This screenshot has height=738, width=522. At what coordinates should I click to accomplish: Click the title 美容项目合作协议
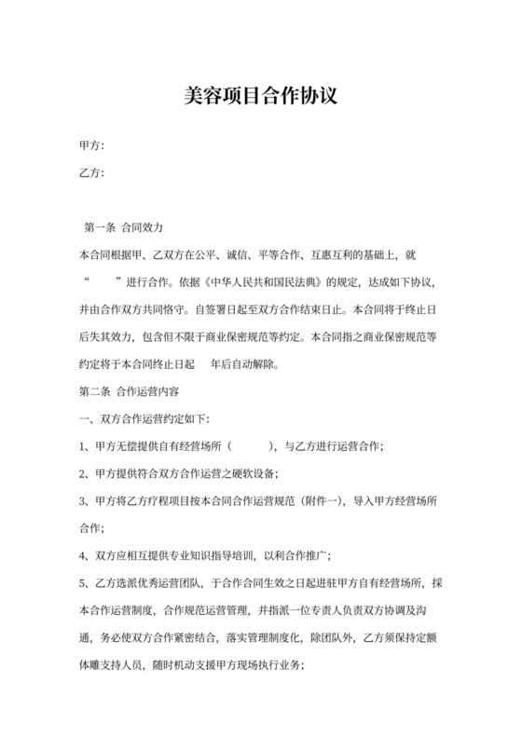[260, 96]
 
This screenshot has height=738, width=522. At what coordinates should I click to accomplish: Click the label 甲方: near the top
[91, 145]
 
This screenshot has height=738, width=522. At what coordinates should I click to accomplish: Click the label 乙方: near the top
[91, 172]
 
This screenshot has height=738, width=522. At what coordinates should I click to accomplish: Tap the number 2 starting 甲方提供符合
[83, 473]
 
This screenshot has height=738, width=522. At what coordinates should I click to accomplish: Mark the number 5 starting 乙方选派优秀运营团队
[83, 583]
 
